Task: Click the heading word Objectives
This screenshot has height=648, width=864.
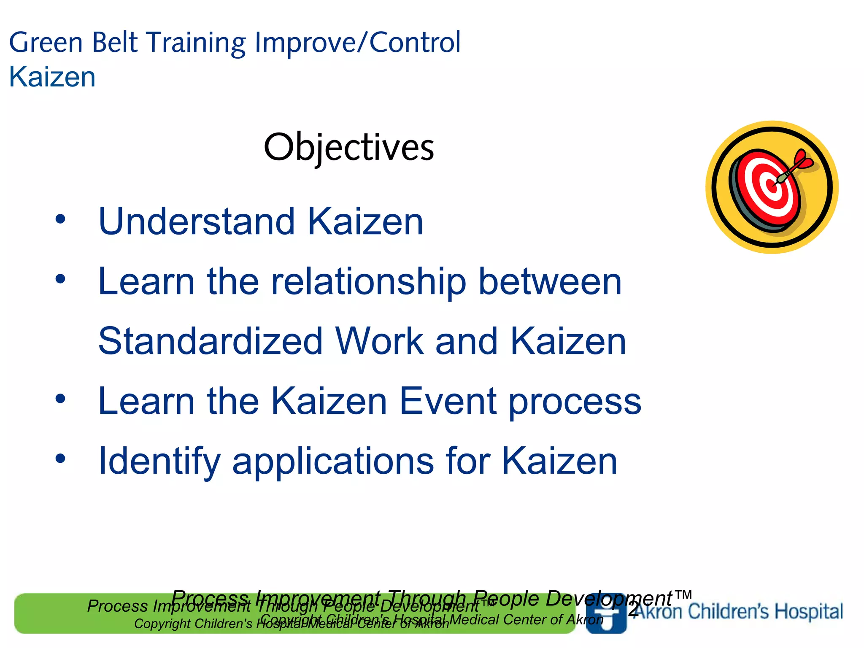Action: point(348,148)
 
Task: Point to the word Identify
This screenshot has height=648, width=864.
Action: point(159,461)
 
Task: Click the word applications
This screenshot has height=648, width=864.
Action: point(333,461)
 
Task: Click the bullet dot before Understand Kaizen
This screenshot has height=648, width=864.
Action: point(60,219)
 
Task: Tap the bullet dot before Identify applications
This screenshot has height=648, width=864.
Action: point(60,458)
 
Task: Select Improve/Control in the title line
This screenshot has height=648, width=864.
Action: point(357,43)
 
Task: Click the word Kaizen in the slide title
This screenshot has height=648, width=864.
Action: point(52,77)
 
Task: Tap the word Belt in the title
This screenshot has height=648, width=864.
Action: point(114,43)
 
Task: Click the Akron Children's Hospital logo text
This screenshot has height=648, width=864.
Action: point(738,611)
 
